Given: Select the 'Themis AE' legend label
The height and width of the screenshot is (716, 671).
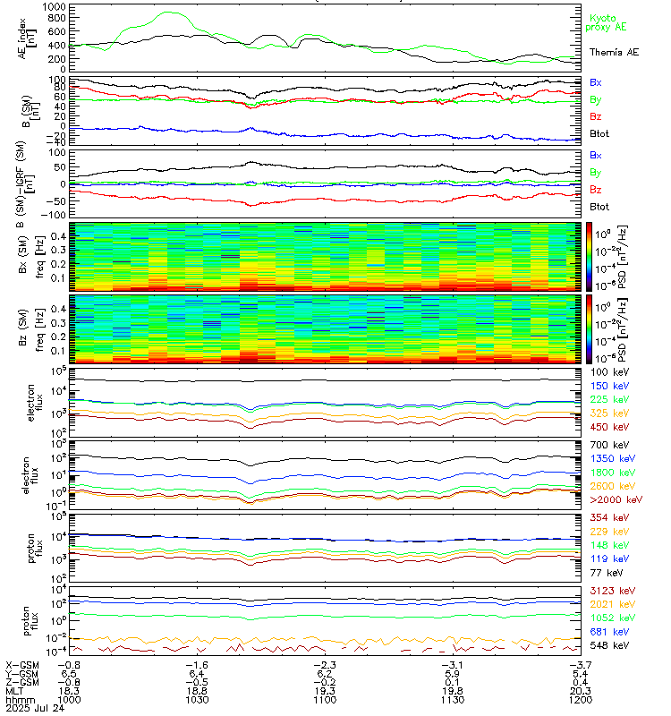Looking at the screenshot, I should (614, 53).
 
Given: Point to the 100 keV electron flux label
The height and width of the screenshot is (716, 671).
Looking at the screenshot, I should (606, 371).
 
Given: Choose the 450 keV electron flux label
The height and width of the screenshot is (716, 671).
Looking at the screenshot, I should (606, 428).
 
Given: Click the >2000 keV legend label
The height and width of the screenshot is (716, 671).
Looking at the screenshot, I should (612, 499).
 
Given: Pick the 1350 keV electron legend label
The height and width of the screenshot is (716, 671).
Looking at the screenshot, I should (608, 457).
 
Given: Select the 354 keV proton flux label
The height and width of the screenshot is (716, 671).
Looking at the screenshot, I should (606, 517).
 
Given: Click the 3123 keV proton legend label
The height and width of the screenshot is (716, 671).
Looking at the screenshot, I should (608, 592).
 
